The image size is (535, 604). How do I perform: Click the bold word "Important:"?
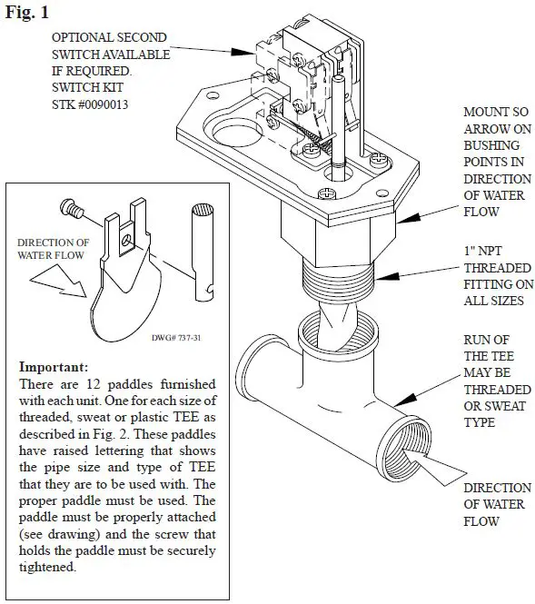pyautogui.click(x=53, y=368)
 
